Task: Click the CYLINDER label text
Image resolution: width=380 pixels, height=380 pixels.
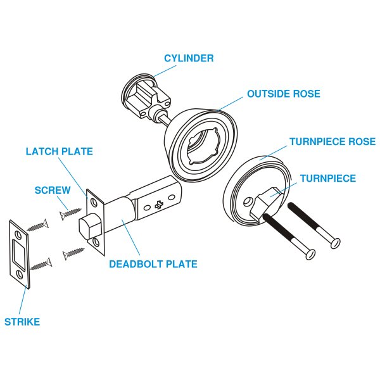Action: [189, 58]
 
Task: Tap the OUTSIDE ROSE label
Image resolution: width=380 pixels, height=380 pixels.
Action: [283, 94]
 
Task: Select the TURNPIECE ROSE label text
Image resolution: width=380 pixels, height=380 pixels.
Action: [332, 141]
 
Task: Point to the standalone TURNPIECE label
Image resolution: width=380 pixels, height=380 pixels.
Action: [327, 179]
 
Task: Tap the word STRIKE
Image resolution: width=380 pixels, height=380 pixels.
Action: [22, 322]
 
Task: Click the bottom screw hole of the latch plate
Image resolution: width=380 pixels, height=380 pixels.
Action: [96, 242]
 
